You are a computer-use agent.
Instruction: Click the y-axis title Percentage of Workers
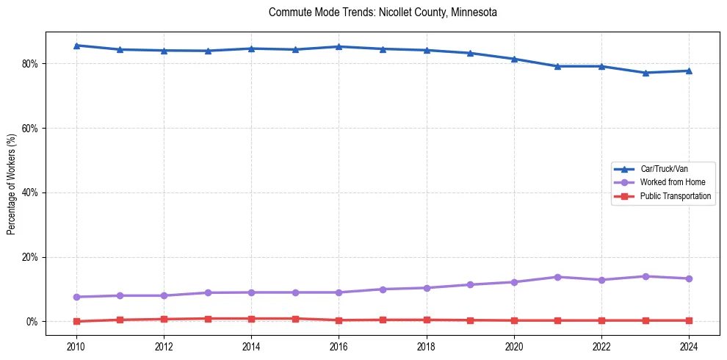12,184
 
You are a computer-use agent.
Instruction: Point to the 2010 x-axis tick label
76,345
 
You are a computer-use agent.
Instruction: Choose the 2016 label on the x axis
339,345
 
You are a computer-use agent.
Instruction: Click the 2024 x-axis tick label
689,345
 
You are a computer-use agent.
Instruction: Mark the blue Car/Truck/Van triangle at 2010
76,46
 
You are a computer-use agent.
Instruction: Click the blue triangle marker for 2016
339,46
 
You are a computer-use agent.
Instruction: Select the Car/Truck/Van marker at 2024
689,71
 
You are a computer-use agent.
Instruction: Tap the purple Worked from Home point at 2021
557,277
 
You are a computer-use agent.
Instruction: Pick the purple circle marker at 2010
76,297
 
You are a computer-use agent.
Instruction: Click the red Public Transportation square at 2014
251,319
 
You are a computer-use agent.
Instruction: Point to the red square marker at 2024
689,320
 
